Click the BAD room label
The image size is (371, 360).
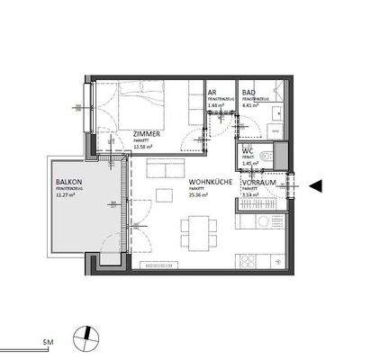click(249, 93)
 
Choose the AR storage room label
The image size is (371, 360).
click(212, 93)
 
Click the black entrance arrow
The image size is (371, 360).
click(314, 185)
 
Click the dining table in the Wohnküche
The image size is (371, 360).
click(197, 232)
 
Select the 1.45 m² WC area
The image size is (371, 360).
click(248, 165)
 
